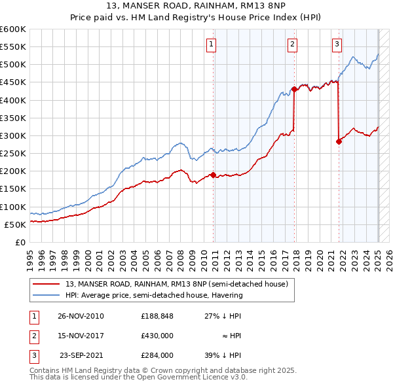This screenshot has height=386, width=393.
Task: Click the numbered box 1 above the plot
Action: click(x=212, y=44)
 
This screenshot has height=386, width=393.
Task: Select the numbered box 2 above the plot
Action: click(x=292, y=44)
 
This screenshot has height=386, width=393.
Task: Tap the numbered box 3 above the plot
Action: click(x=337, y=44)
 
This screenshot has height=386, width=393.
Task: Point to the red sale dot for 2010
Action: click(x=214, y=175)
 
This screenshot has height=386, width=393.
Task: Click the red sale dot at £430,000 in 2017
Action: click(x=295, y=90)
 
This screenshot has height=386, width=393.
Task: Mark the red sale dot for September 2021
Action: click(x=339, y=141)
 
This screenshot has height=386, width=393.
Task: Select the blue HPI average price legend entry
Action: click(x=154, y=295)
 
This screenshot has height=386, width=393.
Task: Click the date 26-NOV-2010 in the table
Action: click(x=81, y=316)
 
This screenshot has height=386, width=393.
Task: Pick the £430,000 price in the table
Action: click(x=157, y=336)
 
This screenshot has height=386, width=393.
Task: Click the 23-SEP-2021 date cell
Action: click(x=82, y=355)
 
